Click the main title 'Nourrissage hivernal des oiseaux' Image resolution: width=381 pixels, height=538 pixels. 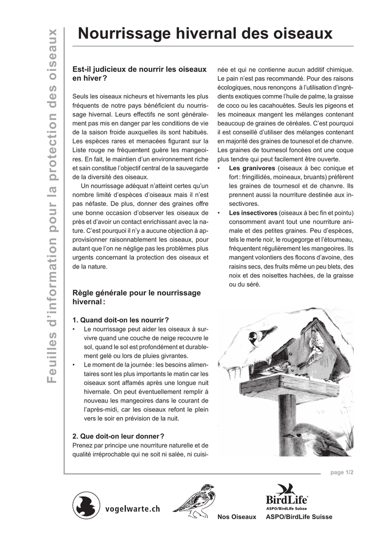coord(205,34)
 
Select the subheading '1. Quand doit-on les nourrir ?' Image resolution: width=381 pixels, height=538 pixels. coord(120,319)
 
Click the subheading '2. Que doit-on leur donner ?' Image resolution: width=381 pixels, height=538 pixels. coord(118,436)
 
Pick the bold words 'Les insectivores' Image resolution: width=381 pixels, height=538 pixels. coord(253,213)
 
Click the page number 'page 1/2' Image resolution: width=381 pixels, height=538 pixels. coord(342,473)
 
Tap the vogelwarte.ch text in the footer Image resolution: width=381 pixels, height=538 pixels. coord(132,509)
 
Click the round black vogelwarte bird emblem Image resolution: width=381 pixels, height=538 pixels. coord(86,505)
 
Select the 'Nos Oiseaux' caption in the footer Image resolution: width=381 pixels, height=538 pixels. coord(236,517)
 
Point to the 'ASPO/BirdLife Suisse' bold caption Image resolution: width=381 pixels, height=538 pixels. coord(299,517)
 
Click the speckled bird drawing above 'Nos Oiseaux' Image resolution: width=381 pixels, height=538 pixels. coord(195,499)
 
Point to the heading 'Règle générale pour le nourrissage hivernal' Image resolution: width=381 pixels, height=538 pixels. coord(136,297)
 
